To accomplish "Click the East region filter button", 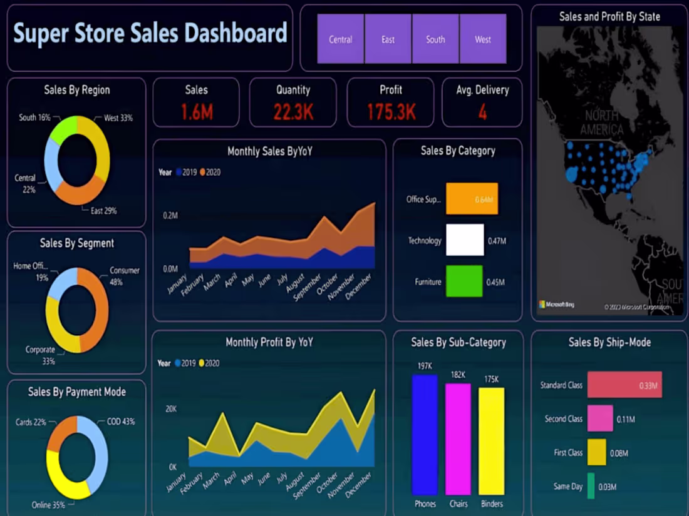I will pyautogui.click(x=388, y=39).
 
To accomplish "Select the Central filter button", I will pyautogui.click(x=341, y=39).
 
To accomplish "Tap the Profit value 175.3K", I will pyautogui.click(x=391, y=112).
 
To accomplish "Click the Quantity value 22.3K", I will pyautogui.click(x=293, y=112).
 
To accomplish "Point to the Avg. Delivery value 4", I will pyautogui.click(x=482, y=112).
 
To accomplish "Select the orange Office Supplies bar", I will pyautogui.click(x=472, y=199).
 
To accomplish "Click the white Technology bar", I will pyautogui.click(x=465, y=240).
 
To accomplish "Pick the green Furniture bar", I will pyautogui.click(x=464, y=281).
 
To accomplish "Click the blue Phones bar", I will pyautogui.click(x=425, y=435).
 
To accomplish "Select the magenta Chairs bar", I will pyautogui.click(x=458, y=439).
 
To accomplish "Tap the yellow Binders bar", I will pyautogui.click(x=491, y=441).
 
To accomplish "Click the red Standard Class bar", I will pyautogui.click(x=624, y=385).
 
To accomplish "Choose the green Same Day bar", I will pyautogui.click(x=591, y=486).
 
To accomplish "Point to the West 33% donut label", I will pyautogui.click(x=118, y=118).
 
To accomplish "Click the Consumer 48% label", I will pyautogui.click(x=125, y=276).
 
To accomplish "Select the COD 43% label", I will pyautogui.click(x=120, y=422).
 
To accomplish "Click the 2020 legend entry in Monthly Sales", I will pyautogui.click(x=210, y=172).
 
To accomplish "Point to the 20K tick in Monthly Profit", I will pyautogui.click(x=170, y=408).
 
